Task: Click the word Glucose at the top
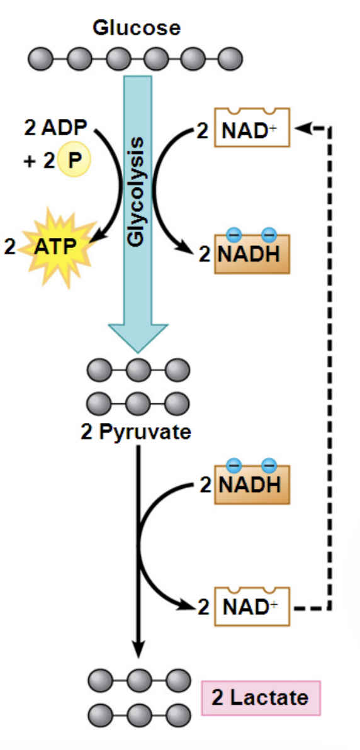(136, 28)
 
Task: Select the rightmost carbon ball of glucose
(230, 60)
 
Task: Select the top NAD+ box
(252, 128)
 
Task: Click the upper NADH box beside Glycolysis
(252, 254)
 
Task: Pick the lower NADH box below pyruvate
(252, 485)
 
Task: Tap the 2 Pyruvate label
(136, 434)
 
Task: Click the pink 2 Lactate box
(261, 698)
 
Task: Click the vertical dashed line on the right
(329, 365)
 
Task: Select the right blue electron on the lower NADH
(269, 466)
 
